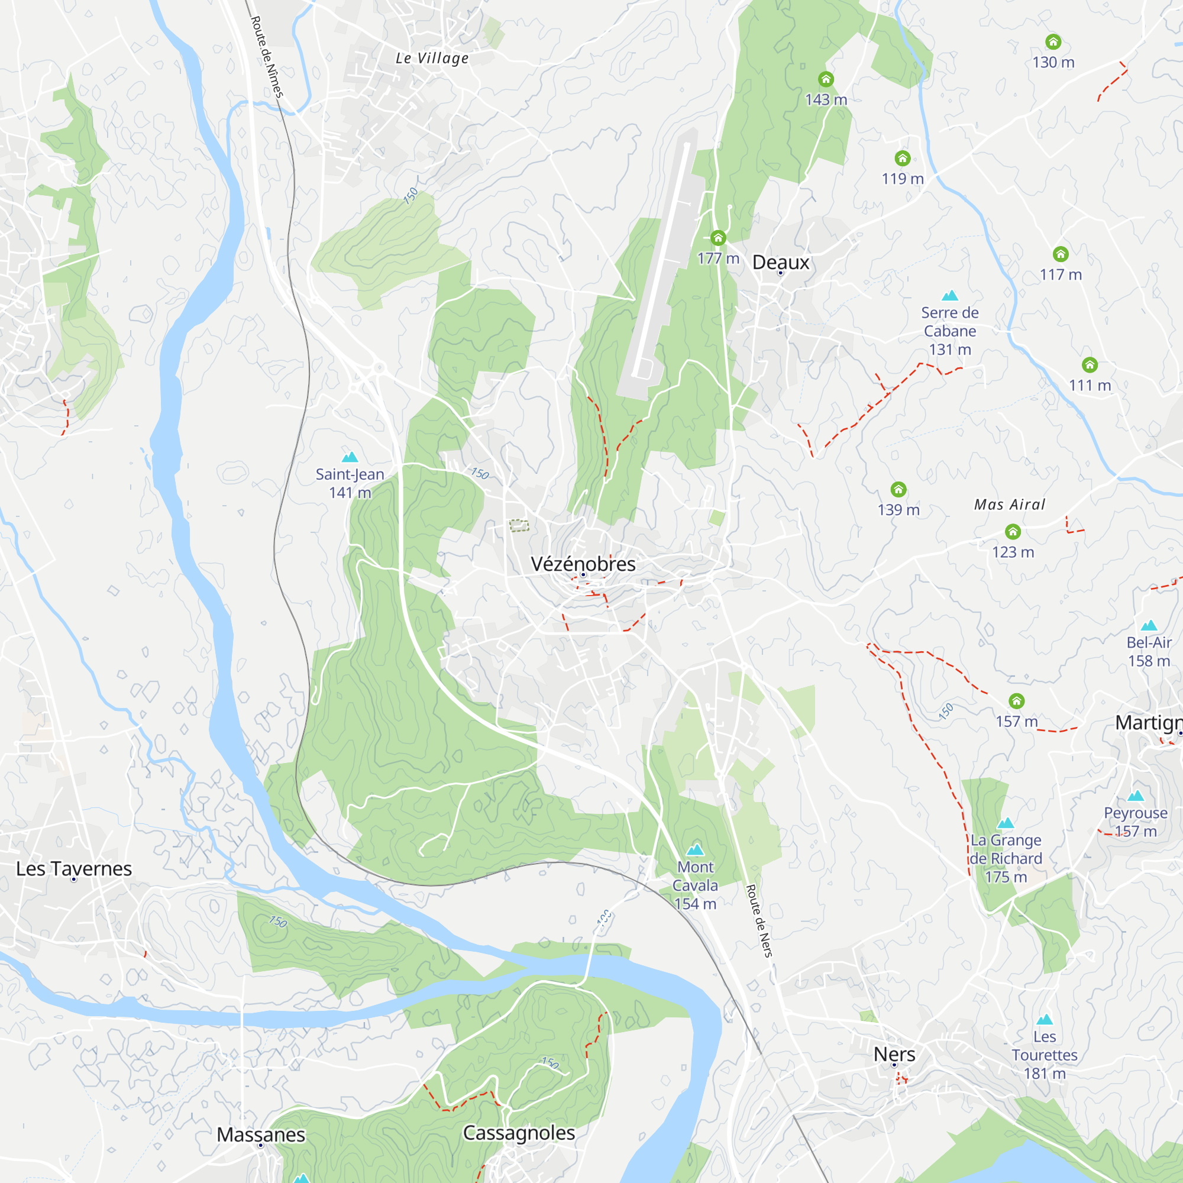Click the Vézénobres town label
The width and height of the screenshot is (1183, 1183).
coord(583,564)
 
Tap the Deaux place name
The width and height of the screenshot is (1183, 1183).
coord(781,262)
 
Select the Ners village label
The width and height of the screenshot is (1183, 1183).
coord(894,1054)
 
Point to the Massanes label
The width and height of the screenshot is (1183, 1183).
coord(261,1134)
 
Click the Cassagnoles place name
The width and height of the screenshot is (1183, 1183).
coord(519,1132)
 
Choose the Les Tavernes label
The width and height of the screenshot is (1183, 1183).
coord(74,868)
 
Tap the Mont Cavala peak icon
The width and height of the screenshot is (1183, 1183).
coord(695,849)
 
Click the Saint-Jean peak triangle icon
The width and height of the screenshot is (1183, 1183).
coord(350,457)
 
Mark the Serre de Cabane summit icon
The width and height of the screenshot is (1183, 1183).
coord(950,296)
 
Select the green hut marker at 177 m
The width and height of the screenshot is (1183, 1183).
coord(718,238)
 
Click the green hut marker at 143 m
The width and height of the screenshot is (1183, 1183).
coord(826,79)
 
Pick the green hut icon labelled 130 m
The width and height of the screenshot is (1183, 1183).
coord(1053,41)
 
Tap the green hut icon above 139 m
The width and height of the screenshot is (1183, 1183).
coord(898,489)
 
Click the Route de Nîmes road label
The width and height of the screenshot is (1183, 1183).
coord(267,57)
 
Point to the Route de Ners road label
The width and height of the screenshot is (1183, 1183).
coord(759,920)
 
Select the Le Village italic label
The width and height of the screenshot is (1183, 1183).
coord(432,58)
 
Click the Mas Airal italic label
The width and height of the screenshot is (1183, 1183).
coord(1010,505)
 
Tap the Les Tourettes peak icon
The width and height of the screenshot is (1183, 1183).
coord(1045,1020)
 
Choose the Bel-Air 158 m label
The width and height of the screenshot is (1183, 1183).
coord(1149,651)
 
